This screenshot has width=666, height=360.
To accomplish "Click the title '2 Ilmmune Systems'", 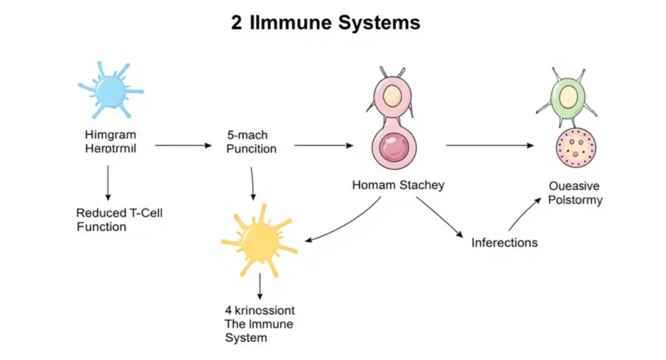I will pos(325,23).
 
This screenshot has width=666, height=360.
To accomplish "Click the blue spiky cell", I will pos(111,90).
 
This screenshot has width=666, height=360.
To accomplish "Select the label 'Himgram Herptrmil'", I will pos(111,142).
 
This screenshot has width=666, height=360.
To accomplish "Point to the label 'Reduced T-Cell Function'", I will pos(119,220).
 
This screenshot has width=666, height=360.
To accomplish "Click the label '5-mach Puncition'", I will pos(251,142).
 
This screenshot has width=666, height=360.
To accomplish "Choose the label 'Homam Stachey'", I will pos(398,185).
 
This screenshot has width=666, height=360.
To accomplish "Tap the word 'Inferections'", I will pos(504,243).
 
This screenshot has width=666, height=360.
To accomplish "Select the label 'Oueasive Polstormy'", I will pos(575,193).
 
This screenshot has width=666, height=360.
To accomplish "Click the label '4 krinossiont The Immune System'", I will pos(259,324).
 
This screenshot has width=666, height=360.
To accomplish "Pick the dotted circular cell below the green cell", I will pos(576,148).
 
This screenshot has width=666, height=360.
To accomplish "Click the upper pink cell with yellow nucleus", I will pos(392,96).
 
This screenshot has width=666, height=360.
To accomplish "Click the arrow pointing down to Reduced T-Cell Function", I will pos(108,182).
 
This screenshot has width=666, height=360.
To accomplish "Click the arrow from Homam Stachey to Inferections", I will pos(439,217).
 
